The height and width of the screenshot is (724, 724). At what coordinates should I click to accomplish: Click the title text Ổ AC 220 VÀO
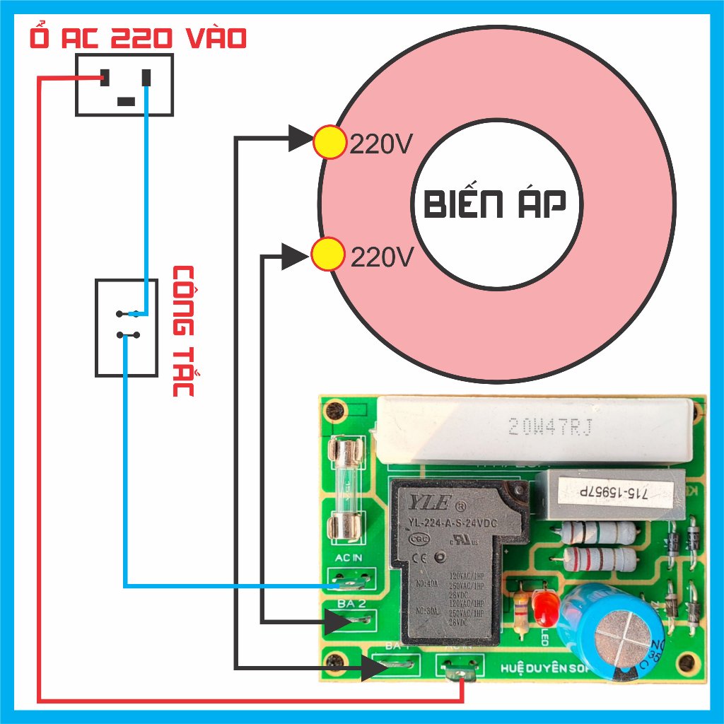point(139,38)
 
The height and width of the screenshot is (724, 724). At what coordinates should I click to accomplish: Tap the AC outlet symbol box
point(124,85)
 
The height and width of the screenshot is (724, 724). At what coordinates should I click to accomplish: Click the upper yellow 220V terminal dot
point(329,142)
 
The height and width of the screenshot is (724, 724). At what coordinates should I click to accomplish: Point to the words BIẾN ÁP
point(495,205)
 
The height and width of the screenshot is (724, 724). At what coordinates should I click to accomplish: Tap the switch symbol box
point(127,327)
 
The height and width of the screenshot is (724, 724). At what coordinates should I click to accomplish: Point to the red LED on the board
point(544,607)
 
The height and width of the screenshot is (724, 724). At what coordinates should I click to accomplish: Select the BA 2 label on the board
point(351,605)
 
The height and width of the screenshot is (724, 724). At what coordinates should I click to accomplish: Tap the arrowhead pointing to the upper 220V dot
point(300,138)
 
